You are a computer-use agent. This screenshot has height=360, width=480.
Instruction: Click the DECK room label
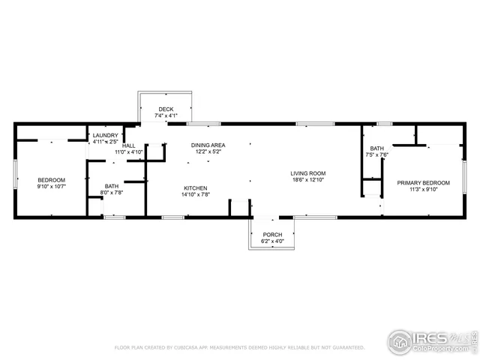(x=166, y=109)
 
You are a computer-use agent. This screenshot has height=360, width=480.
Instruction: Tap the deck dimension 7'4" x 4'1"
(x=166, y=116)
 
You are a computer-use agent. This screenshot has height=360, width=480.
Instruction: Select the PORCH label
(x=272, y=235)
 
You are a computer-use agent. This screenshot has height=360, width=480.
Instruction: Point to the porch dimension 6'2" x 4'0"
(x=272, y=241)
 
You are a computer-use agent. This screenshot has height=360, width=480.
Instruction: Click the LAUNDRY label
(x=106, y=135)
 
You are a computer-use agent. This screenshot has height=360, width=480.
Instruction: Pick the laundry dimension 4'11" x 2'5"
(x=106, y=142)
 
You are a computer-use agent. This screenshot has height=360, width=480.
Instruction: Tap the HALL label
(x=129, y=145)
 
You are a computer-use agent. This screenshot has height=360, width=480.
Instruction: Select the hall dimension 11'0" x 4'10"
(x=128, y=152)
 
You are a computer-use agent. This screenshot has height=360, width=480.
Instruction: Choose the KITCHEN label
(x=196, y=187)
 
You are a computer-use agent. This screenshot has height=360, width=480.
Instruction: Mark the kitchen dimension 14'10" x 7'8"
(x=196, y=194)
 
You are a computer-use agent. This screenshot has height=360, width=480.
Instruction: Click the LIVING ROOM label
(x=308, y=173)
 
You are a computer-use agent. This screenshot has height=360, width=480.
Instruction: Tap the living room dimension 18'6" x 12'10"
(x=308, y=180)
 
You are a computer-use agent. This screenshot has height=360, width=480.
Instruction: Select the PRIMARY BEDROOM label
(x=423, y=183)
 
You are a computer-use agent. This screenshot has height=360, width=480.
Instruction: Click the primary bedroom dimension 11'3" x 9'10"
(x=423, y=190)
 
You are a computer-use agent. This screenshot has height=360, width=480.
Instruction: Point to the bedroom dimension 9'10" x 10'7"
(x=52, y=186)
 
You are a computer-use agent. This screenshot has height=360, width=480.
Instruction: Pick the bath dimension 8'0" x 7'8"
(x=112, y=193)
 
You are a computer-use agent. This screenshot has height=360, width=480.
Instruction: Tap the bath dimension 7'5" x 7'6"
(x=376, y=155)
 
